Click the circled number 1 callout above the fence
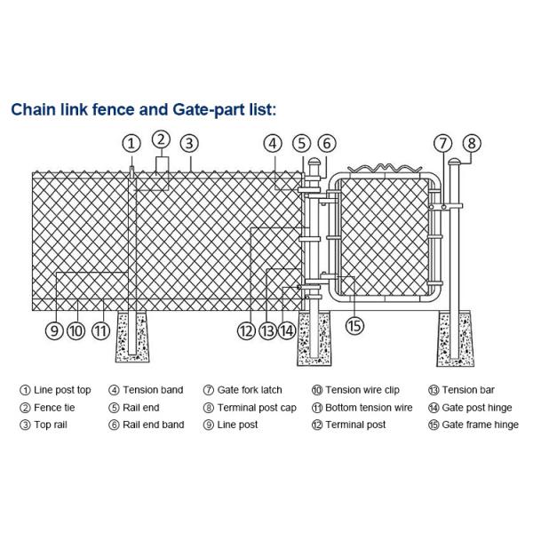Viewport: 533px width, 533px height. [x=131, y=143]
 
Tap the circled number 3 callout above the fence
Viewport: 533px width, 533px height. [x=188, y=143]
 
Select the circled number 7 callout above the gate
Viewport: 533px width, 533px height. [x=443, y=143]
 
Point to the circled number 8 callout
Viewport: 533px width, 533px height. [x=472, y=143]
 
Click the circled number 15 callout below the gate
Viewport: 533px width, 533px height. [x=354, y=326]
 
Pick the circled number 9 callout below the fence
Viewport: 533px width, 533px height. [x=54, y=330]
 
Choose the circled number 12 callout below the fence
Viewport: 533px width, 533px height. [x=246, y=330]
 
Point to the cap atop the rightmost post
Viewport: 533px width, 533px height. [x=454, y=163]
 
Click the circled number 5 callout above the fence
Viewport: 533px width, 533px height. [x=301, y=143]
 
